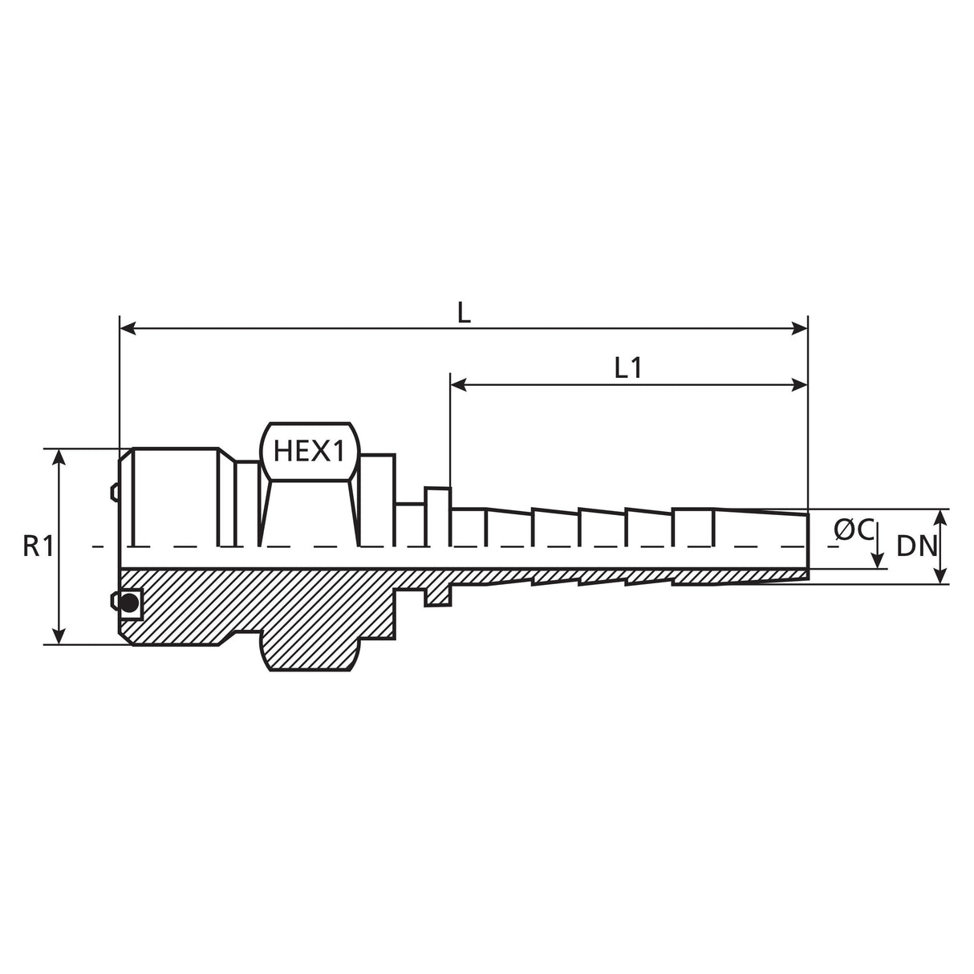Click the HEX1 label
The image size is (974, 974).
[x=308, y=452]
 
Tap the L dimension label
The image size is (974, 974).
[x=464, y=314]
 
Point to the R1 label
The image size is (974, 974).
[x=38, y=546]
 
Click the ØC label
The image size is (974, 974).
[x=854, y=530]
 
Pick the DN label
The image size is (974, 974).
[x=917, y=546]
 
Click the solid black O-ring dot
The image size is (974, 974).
[x=130, y=602]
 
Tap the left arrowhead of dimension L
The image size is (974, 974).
[x=128, y=328]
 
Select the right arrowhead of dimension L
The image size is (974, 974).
[x=800, y=328]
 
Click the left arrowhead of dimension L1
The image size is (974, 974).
[x=458, y=385]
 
